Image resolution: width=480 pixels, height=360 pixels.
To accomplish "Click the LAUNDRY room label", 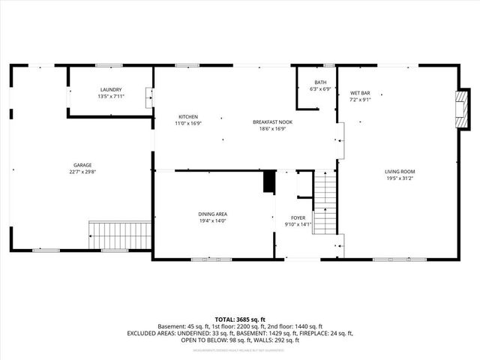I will tap(111, 89).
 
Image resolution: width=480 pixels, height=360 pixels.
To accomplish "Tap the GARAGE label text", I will tap(82, 165).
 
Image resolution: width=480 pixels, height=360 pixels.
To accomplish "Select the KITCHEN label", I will tap(187, 116).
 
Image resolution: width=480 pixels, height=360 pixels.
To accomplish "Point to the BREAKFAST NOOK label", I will tap(272, 121).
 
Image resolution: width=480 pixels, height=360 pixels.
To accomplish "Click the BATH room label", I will tap(321, 82).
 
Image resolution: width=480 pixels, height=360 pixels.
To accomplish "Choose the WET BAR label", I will tap(361, 93).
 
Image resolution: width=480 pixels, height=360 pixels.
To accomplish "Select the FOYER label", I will tap(298, 217).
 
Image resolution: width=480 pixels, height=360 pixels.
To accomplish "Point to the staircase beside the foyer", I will tap(323, 202).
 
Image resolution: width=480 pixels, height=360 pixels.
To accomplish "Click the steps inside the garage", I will tap(119, 235).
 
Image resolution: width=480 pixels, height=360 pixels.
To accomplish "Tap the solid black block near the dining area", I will tap(268, 182).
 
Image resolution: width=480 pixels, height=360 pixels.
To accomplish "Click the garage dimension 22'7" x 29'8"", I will tap(82, 172).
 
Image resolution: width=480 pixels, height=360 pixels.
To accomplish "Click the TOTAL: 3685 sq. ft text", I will tap(239, 319).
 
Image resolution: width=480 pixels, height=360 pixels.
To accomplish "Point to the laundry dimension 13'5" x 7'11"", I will tap(111, 96).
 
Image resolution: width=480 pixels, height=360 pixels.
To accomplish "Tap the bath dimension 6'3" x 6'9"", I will tap(321, 89).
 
